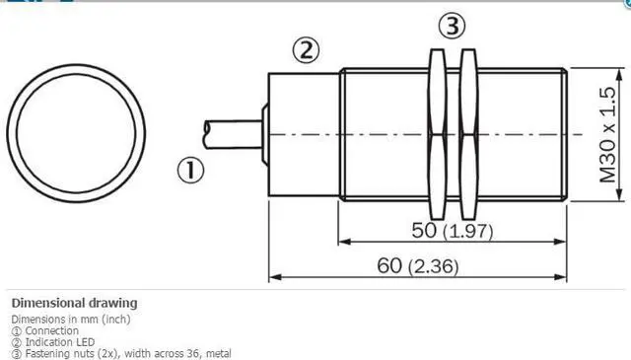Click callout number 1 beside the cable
190,170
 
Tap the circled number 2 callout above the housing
307,50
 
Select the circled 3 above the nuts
453,26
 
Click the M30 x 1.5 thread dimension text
607,134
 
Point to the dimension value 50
424,231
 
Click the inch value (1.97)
468,232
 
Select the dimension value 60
389,265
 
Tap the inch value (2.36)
434,267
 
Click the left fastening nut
437,134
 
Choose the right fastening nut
468,134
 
